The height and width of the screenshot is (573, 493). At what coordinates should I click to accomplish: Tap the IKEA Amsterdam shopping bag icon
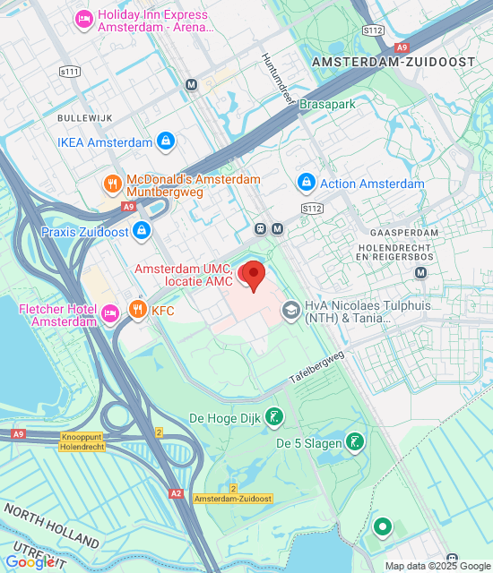[166, 141]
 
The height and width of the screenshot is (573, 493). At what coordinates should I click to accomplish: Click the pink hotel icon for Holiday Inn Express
[84, 18]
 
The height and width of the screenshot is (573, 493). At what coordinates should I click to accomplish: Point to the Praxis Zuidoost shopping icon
[141, 232]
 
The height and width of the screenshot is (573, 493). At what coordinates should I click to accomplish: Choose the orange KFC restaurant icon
[137, 311]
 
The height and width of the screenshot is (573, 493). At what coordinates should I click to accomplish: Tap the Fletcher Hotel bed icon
[110, 312]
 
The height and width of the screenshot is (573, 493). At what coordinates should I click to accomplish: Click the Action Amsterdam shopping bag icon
[306, 183]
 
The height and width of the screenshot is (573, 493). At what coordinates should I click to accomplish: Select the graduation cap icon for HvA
[291, 311]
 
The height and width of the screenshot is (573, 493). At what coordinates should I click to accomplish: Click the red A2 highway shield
[177, 493]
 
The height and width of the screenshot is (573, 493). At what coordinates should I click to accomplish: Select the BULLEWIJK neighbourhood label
[82, 117]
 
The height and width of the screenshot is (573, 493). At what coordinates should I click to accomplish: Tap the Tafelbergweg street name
[316, 368]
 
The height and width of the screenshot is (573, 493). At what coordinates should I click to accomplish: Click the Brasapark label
[328, 105]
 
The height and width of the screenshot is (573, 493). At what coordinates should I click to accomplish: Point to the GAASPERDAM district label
[411, 232]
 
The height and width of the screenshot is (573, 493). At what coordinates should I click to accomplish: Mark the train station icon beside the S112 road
[261, 227]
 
